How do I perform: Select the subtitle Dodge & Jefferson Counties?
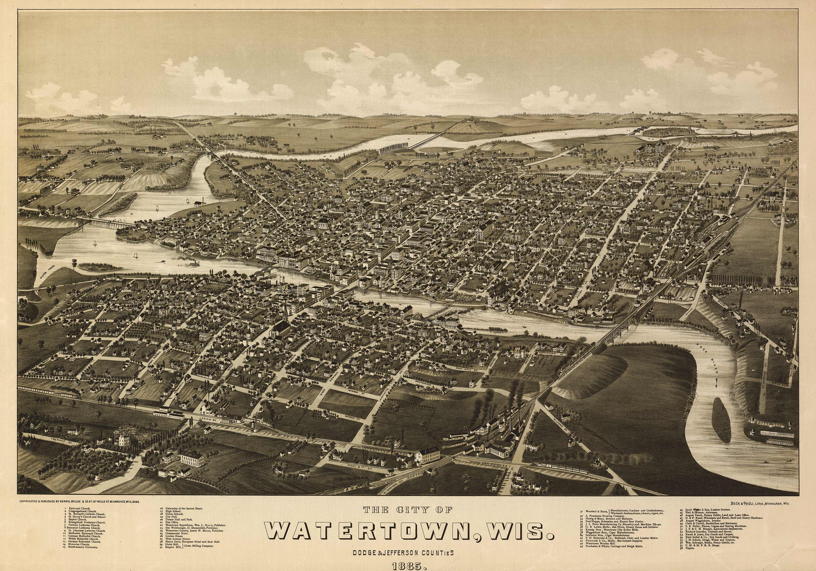[x=403, y=553]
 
